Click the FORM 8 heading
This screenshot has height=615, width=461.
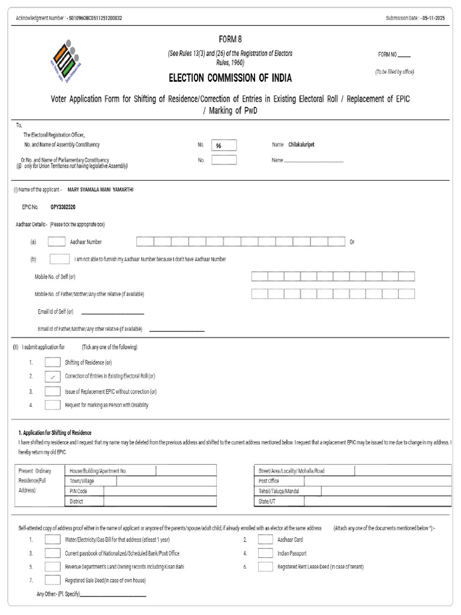pyautogui.click(x=230, y=40)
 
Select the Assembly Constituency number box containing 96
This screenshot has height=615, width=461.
pyautogui.click(x=224, y=145)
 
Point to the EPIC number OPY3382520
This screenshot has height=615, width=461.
pyautogui.click(x=63, y=207)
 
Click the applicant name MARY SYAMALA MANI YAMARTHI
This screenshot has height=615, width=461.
pyautogui.click(x=100, y=189)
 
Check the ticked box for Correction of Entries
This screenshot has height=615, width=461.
pyautogui.click(x=53, y=377)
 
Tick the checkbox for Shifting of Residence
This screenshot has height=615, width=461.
pyautogui.click(x=53, y=362)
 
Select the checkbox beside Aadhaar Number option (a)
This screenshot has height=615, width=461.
pyautogui.click(x=56, y=241)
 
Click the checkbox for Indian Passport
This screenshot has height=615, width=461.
pyautogui.click(x=265, y=553)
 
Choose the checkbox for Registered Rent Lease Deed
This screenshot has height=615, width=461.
pyautogui.click(x=265, y=566)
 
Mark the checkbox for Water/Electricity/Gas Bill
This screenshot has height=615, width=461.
pyautogui.click(x=53, y=539)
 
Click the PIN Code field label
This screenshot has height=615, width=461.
pyautogui.click(x=79, y=491)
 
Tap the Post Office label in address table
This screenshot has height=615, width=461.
pyautogui.click(x=269, y=481)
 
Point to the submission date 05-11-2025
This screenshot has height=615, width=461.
pyautogui.click(x=433, y=18)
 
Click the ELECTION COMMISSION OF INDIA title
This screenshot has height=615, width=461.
pyautogui.click(x=230, y=78)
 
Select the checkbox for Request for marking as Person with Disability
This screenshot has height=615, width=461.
pyautogui.click(x=53, y=405)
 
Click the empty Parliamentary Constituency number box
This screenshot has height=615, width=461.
pyautogui.click(x=224, y=160)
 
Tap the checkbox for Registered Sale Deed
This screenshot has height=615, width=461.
pyautogui.click(x=53, y=580)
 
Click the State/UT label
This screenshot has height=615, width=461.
pyautogui.click(x=267, y=501)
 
